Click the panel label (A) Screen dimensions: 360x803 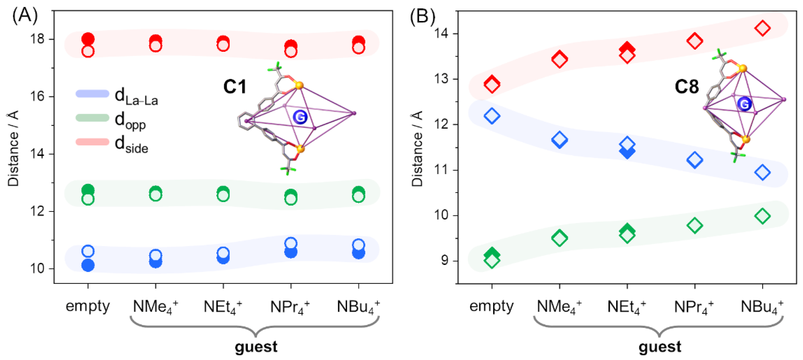point(25,16)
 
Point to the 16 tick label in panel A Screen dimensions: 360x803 point(37,97)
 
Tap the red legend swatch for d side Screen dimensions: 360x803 point(92,142)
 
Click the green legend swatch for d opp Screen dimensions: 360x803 point(92,118)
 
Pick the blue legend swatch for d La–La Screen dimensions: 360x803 point(92,94)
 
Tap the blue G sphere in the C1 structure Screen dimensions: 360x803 point(300,117)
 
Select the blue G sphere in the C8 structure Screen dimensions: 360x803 point(744,104)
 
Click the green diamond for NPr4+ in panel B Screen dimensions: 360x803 point(695,225)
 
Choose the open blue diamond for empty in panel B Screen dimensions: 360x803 point(492,116)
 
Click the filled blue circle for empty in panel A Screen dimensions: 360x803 point(88,266)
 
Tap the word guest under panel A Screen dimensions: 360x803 point(256,347)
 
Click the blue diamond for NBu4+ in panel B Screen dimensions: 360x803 point(762,172)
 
